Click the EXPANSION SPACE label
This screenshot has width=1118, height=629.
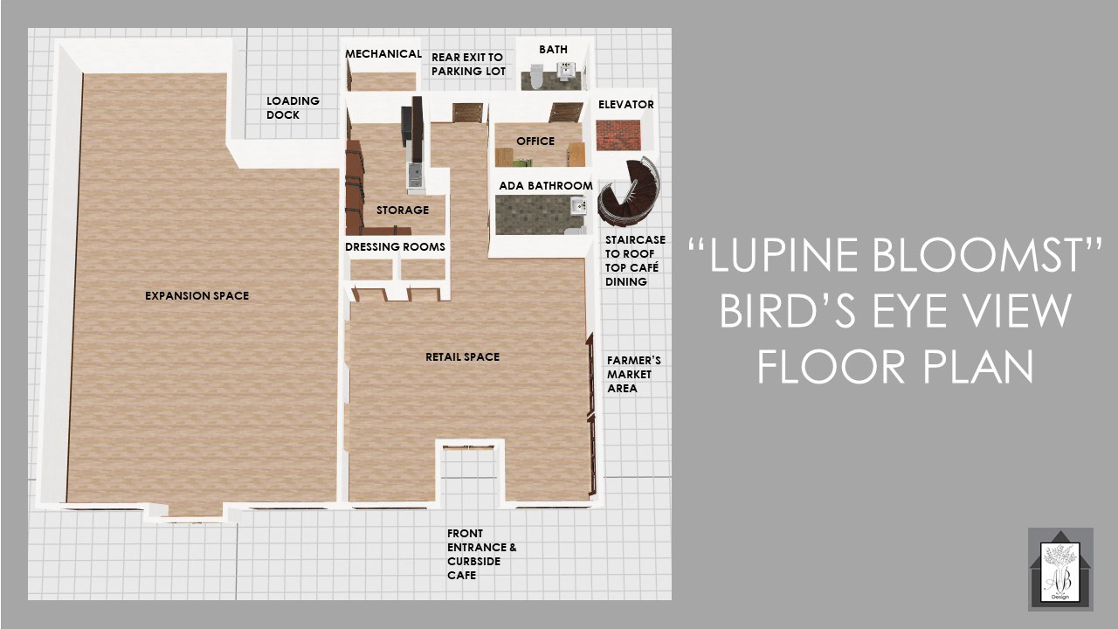click(197, 295)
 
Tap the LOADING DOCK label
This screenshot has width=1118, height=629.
click(293, 107)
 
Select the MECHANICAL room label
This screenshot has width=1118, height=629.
click(383, 54)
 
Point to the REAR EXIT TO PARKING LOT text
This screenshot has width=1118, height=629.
click(468, 65)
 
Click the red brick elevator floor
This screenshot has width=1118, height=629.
click(618, 135)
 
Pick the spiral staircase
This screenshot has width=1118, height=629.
click(629, 191)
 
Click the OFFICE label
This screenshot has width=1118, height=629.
click(535, 142)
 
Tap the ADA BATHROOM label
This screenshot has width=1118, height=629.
click(546, 186)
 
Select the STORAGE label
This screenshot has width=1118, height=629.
click(403, 211)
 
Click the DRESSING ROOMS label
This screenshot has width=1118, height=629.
click(395, 247)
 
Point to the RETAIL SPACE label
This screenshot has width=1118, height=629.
click(462, 357)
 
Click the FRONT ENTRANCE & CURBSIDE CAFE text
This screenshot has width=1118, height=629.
click(481, 554)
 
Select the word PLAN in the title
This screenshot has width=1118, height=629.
click(977, 366)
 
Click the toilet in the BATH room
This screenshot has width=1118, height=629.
click(536, 76)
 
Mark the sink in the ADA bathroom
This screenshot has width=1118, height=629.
click(578, 205)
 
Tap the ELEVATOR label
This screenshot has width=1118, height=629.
click(626, 105)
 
